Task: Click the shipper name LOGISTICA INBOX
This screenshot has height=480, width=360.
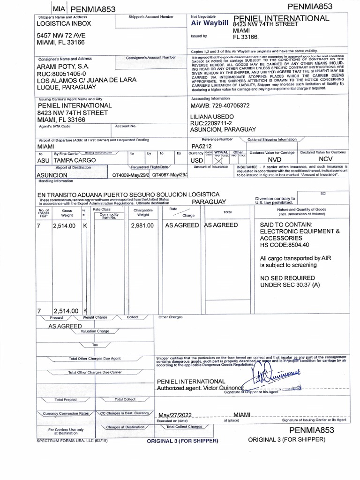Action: click(64, 23)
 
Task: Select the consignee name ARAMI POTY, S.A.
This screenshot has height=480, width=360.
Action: click(64, 67)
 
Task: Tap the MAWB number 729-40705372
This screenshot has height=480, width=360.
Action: click(220, 106)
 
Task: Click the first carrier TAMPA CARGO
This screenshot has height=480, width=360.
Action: click(75, 160)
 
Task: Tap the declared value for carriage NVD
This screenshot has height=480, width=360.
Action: click(274, 160)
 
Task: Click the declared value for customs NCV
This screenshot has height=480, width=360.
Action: click(323, 160)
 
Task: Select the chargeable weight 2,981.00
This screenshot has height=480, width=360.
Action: click(142, 225)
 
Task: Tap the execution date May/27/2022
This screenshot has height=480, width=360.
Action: click(176, 415)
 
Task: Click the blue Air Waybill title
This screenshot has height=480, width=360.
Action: click(209, 23)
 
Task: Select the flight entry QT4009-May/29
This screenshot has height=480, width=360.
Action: click(131, 175)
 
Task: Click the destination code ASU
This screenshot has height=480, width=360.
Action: click(43, 160)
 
